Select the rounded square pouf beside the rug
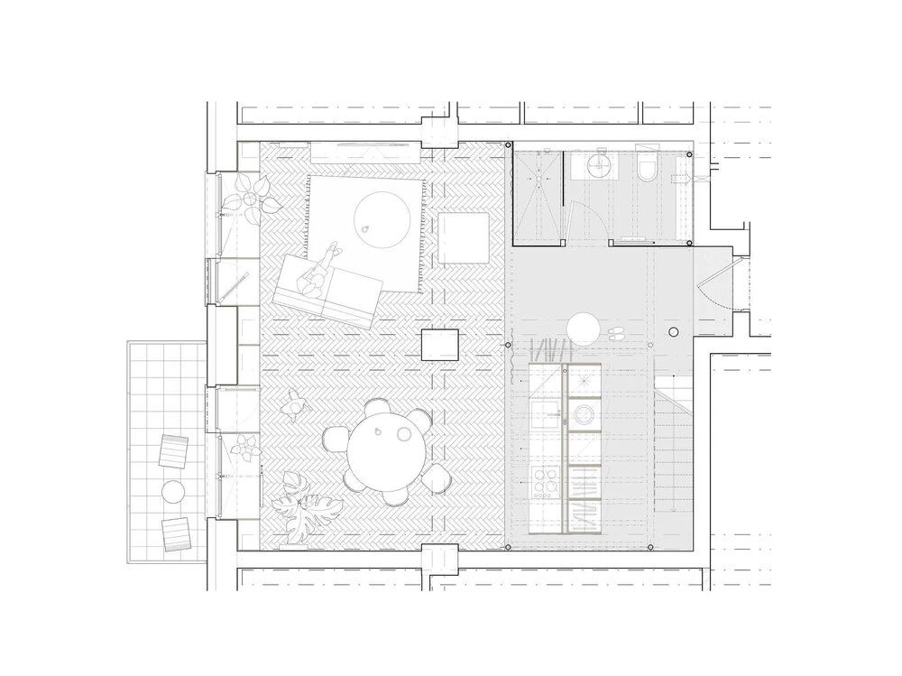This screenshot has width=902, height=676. coord(464,237)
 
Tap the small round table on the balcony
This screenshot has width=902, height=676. coord(171,491)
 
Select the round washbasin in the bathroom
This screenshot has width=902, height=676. coord(596,166)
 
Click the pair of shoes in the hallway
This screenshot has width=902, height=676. coord(621,333)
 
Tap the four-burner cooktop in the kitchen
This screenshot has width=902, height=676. coord(547,486)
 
